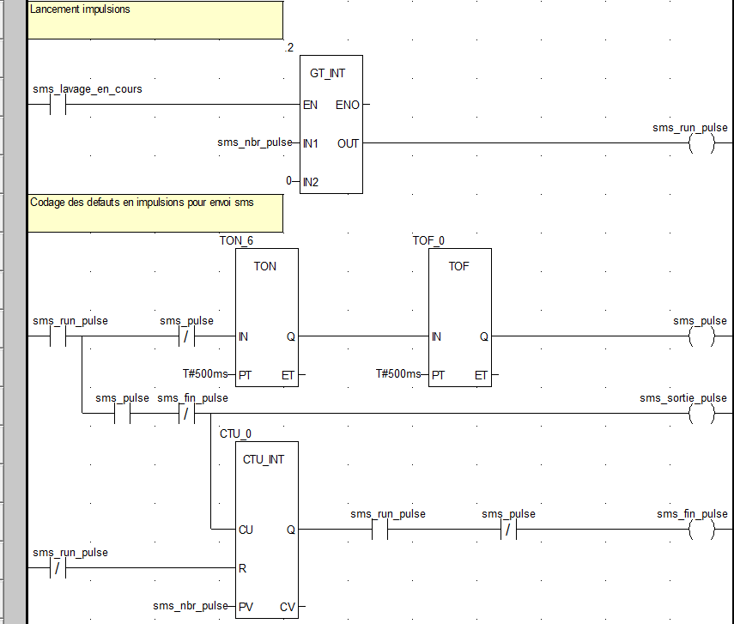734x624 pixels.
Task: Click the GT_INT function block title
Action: click(327, 74)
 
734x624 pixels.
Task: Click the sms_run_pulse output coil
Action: click(701, 143)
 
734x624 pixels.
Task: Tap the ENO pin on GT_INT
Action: click(347, 105)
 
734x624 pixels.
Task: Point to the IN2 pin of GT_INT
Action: click(311, 181)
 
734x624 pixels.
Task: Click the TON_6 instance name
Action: click(237, 240)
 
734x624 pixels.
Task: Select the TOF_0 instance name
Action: click(429, 240)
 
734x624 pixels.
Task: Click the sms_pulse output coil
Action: click(701, 336)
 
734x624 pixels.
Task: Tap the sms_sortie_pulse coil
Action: click(701, 414)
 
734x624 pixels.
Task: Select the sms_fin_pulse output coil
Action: click(701, 530)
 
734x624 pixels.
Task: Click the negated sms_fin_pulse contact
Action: click(187, 414)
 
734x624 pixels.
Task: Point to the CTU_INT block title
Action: click(264, 459)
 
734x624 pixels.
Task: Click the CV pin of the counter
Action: click(288, 607)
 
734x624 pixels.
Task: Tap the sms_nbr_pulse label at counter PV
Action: click(191, 606)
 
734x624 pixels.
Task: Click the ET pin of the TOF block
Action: click(481, 375)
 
